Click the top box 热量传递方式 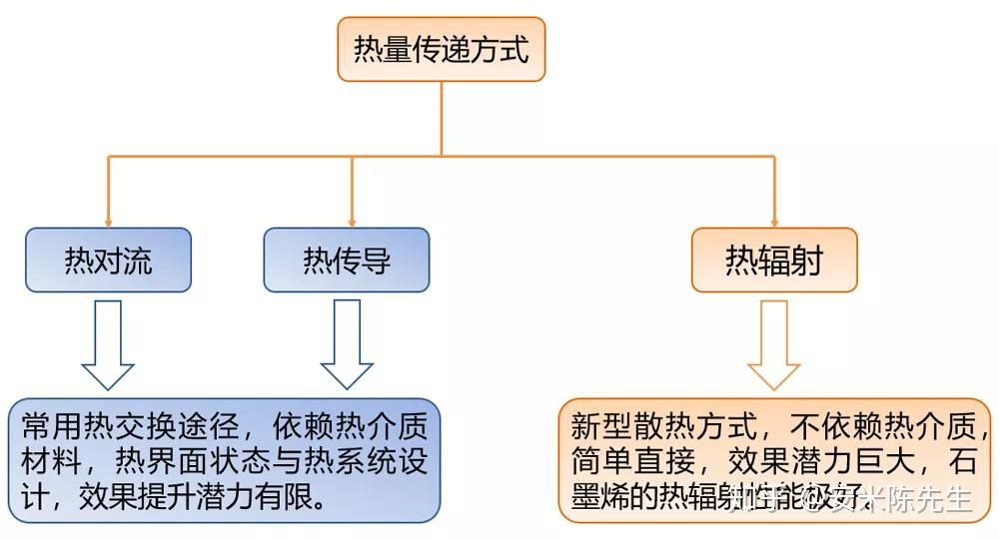coord(442,49)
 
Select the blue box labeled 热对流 coord(108,261)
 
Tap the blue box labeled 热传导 coord(347,261)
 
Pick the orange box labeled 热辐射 coord(774,261)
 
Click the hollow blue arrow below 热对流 coord(108,344)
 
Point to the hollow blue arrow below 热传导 coord(347,344)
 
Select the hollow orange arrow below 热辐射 coord(774,344)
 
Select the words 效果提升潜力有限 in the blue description coord(200,495)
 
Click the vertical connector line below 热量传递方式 coord(442,118)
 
